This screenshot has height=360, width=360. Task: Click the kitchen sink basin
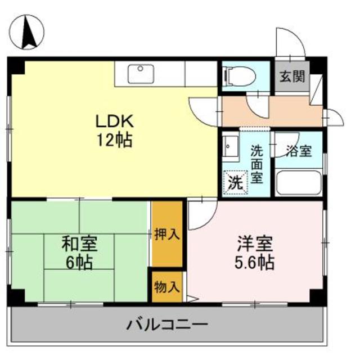141,74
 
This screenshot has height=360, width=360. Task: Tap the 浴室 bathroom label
298,151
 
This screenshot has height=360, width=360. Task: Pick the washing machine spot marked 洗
236,182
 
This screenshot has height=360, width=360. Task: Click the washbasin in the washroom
229,147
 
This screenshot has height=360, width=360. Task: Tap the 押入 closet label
167,234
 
